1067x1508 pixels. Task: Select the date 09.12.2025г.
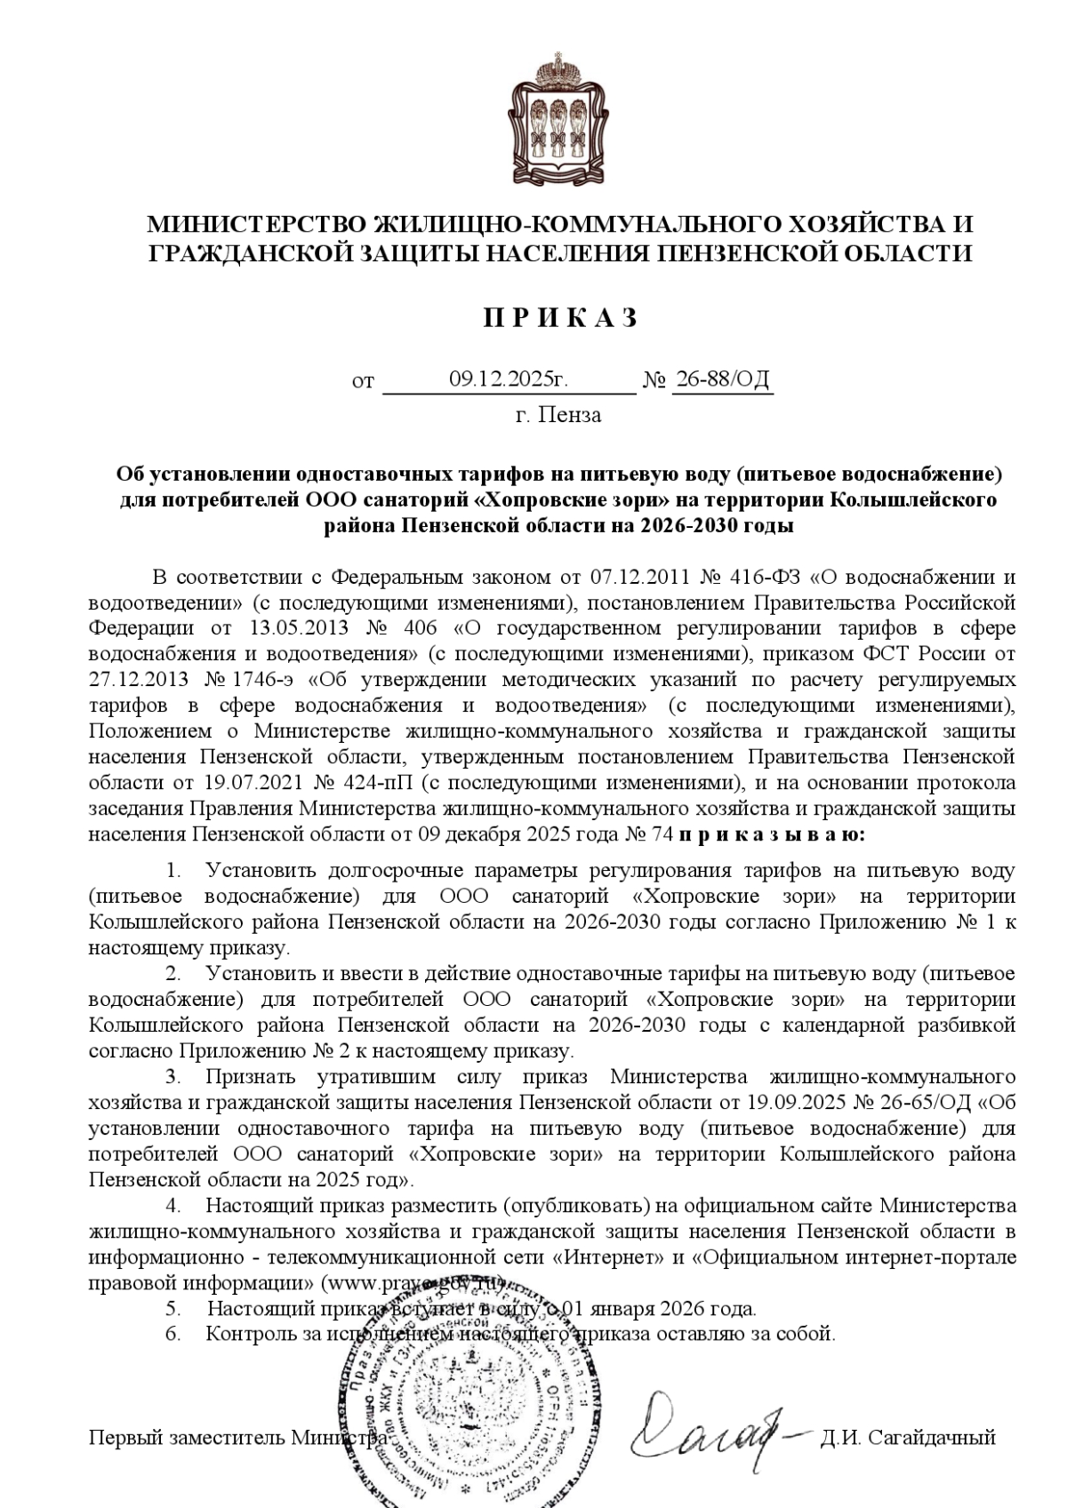[508, 379]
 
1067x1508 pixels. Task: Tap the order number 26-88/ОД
[721, 379]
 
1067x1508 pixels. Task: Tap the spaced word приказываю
[770, 834]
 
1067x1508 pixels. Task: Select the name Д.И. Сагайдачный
[908, 1437]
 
